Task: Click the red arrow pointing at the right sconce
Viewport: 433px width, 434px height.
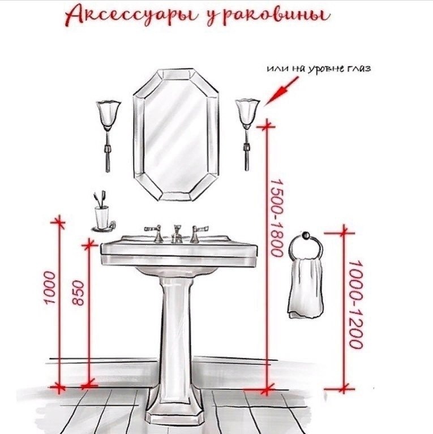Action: pyautogui.click(x=278, y=90)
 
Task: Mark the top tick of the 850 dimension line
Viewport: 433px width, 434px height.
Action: pyautogui.click(x=88, y=244)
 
